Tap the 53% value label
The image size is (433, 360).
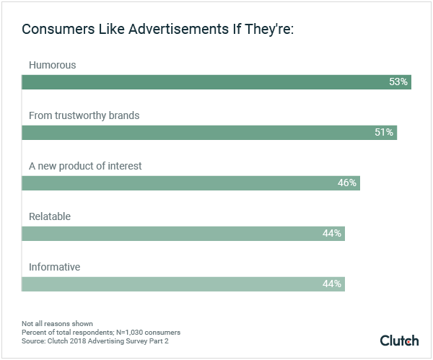point(398,82)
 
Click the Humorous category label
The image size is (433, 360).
point(52,65)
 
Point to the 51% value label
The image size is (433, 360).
point(384,133)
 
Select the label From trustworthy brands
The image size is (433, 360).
point(84,115)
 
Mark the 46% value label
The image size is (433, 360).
point(347,183)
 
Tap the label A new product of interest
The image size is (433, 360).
point(85,166)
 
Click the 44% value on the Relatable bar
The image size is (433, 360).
point(332,234)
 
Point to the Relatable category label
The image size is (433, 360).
point(50,216)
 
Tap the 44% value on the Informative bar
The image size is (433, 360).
point(332,284)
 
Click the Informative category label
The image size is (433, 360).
point(54,267)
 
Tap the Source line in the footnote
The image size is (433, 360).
point(93,341)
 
